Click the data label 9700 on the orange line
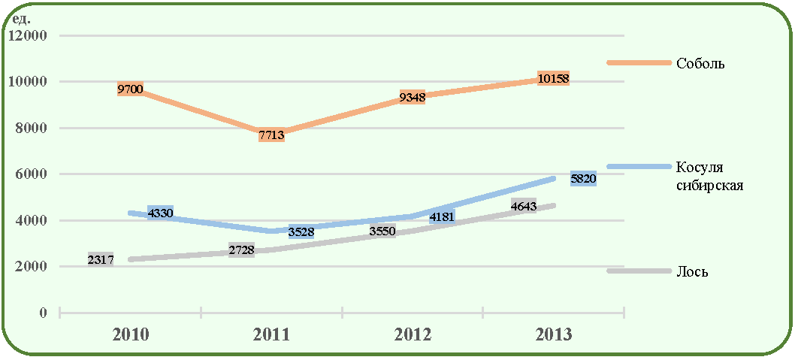pyautogui.click(x=130, y=90)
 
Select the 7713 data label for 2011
pyautogui.click(x=271, y=135)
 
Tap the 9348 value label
pyautogui.click(x=413, y=98)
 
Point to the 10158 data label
pyautogui.click(x=553, y=79)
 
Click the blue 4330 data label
pyautogui.click(x=160, y=213)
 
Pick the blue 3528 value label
pyautogui.click(x=301, y=232)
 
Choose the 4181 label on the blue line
pyautogui.click(x=442, y=217)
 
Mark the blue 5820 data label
pyautogui.click(x=583, y=179)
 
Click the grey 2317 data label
pyautogui.click(x=101, y=259)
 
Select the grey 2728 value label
pyautogui.click(x=241, y=250)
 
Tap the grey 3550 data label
pyautogui.click(x=382, y=231)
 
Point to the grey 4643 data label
pyautogui.click(x=524, y=206)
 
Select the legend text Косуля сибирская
pyautogui.click(x=709, y=176)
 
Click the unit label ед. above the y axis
pyautogui.click(x=23, y=20)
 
